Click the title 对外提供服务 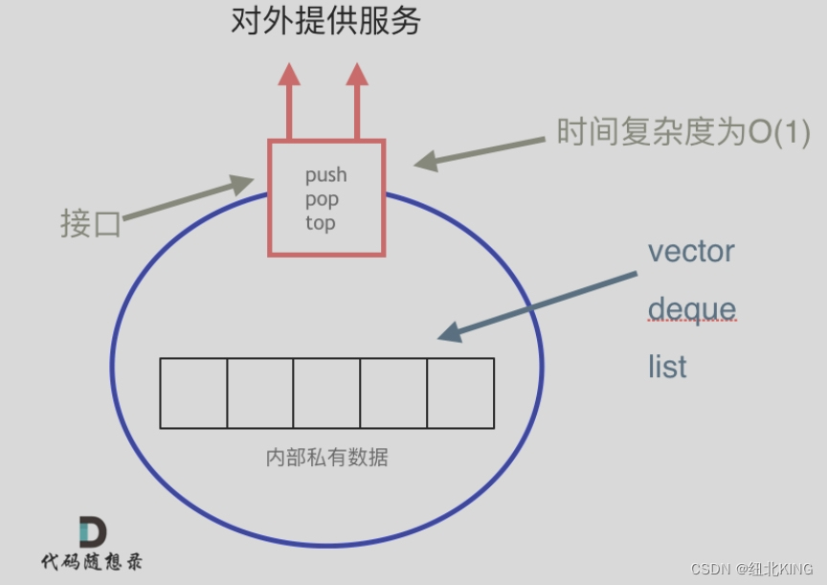[x=326, y=21]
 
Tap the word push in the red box [x=326, y=175]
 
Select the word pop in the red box [x=323, y=200]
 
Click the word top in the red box [x=321, y=223]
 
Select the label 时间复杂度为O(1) [x=683, y=132]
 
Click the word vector [x=691, y=252]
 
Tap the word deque [x=692, y=309]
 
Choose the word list [x=667, y=367]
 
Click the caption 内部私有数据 [x=326, y=457]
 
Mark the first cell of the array [x=193, y=394]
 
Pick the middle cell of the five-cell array [x=326, y=394]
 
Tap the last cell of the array [x=460, y=394]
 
